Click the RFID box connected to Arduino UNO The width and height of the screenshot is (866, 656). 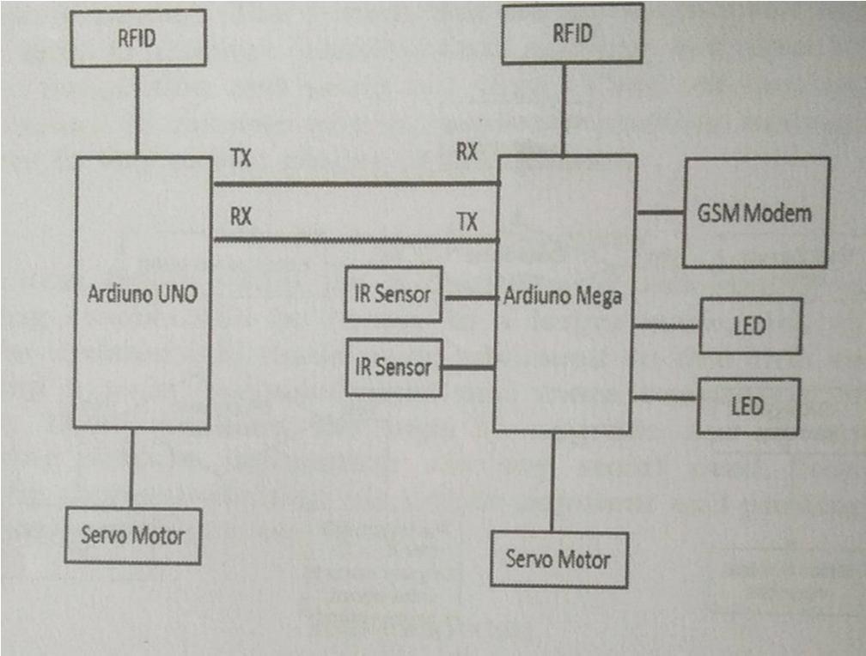[x=137, y=39]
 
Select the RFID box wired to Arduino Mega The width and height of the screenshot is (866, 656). [x=572, y=35]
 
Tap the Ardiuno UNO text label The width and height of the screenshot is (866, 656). [x=143, y=294]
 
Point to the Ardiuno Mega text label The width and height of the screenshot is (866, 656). [x=563, y=297]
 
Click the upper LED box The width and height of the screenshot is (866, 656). [x=750, y=325]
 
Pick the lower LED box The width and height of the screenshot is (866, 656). [x=748, y=405]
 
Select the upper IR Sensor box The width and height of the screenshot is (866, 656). [x=393, y=295]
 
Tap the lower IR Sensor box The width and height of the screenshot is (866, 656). [x=393, y=367]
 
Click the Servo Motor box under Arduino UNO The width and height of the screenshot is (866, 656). [x=133, y=536]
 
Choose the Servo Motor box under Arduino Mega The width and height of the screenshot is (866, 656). [x=558, y=560]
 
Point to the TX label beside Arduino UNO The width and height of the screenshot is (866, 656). [x=241, y=159]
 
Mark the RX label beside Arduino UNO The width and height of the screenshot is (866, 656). [x=241, y=217]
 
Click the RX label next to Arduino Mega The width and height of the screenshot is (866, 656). [x=467, y=153]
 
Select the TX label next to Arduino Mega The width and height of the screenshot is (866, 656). [x=467, y=223]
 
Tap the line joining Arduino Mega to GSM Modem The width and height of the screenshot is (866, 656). [x=660, y=211]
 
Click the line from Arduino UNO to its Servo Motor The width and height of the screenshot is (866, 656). [x=131, y=468]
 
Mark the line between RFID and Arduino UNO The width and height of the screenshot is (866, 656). [x=137, y=112]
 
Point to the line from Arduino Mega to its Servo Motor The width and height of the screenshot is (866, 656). [x=552, y=482]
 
